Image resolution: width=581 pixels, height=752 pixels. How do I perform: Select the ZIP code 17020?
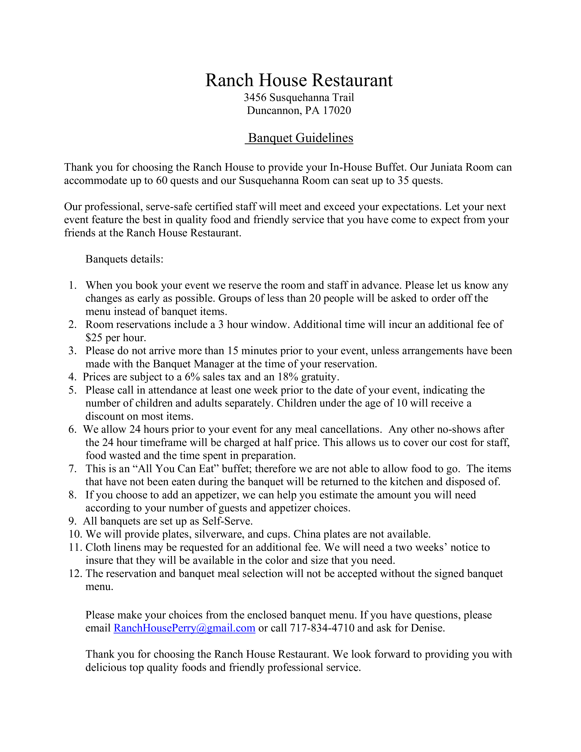pyautogui.click(x=337, y=111)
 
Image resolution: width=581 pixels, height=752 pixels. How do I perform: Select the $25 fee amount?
pyautogui.click(x=94, y=337)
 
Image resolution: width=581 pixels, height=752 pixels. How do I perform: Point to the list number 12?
pyautogui.click(x=75, y=573)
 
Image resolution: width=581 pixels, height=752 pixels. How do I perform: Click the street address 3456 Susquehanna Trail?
pyautogui.click(x=299, y=98)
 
